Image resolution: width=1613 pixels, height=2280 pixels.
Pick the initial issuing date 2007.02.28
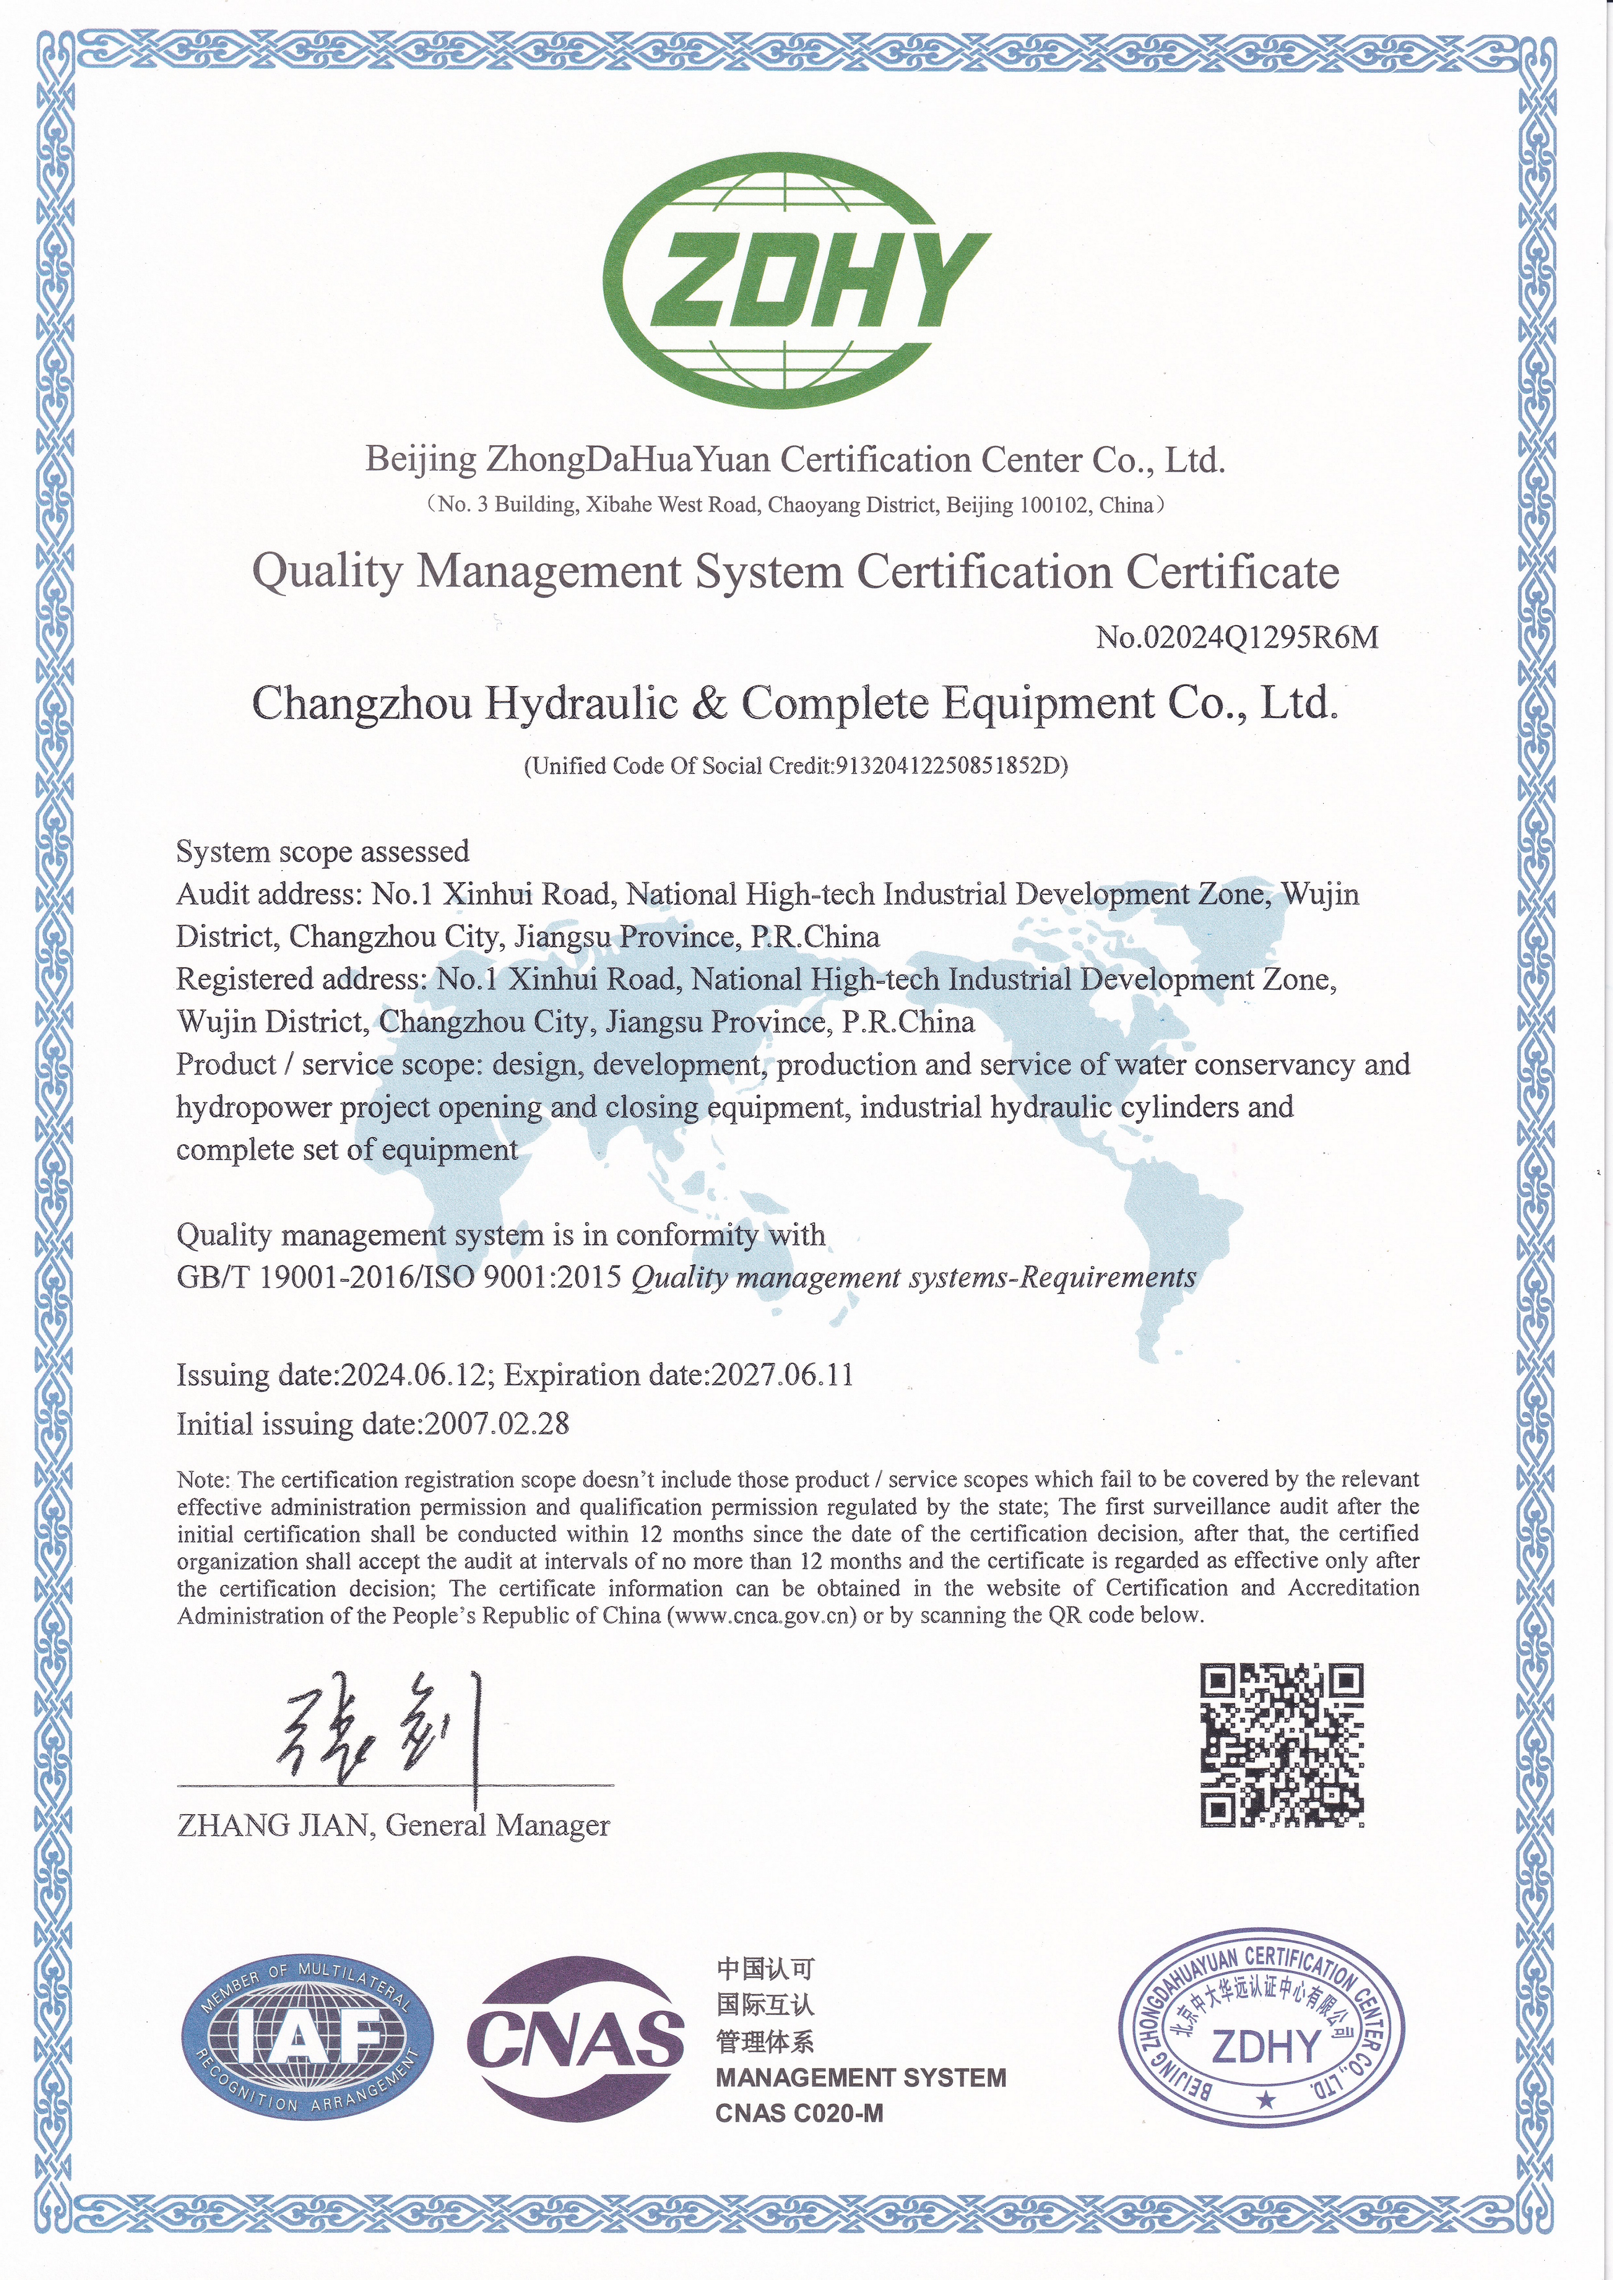coord(497,1424)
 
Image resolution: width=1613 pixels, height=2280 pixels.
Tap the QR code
coord(1281,1745)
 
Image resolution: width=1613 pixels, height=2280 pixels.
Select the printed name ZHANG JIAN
coord(273,1825)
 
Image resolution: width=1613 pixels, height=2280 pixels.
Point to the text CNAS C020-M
coord(799,2113)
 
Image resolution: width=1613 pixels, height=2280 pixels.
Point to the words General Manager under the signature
coord(497,1825)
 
